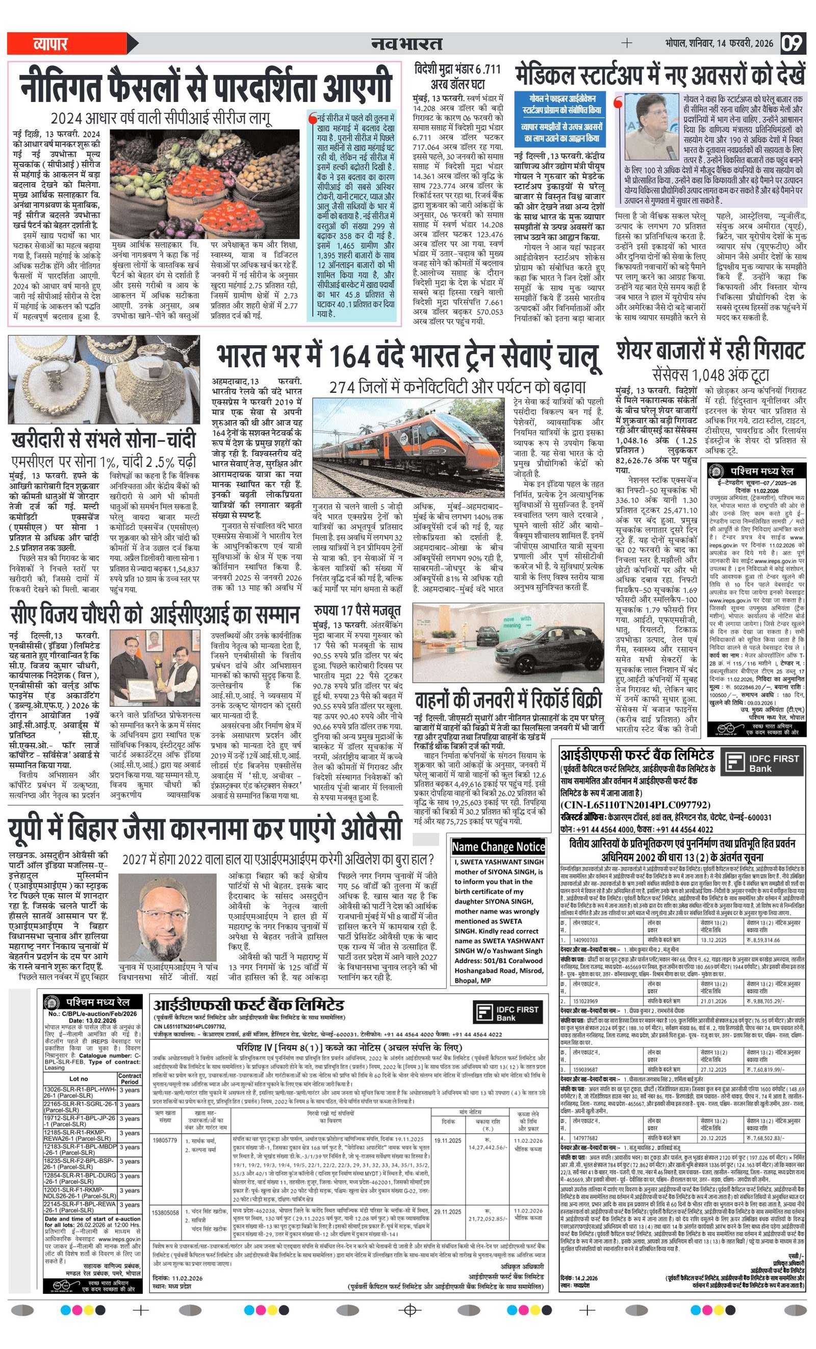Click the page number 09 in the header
point(793,43)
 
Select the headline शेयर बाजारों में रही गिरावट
point(710,351)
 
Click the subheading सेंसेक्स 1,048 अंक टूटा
point(710,376)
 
